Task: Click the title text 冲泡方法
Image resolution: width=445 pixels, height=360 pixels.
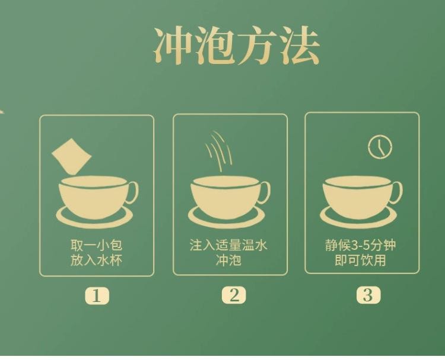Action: pos(237,46)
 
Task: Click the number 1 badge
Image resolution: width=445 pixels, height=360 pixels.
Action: pos(97,295)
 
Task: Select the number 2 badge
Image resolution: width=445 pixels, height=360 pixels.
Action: pos(234,295)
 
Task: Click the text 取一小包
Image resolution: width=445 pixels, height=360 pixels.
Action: pos(96,245)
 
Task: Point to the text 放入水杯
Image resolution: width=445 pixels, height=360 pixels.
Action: pos(96,261)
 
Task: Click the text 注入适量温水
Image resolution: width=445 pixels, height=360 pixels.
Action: pos(228,245)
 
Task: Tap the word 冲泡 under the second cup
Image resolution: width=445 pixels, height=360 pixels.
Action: pos(228,261)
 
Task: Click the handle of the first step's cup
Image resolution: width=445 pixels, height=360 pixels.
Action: pos(132,191)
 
